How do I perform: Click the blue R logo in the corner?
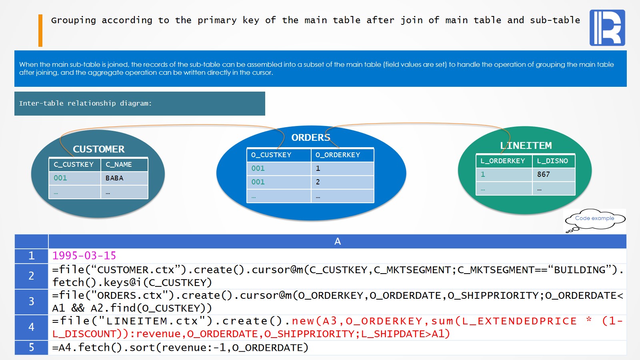(x=607, y=28)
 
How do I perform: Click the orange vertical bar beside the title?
(x=40, y=30)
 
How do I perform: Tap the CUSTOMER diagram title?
(x=98, y=149)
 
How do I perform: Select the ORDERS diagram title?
(x=311, y=138)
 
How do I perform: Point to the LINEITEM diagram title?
(x=526, y=146)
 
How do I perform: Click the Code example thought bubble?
(x=594, y=218)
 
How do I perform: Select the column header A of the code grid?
(x=337, y=241)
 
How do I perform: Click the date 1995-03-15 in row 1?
(x=84, y=256)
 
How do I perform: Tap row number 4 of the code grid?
(x=31, y=327)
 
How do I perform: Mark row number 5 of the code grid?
(x=31, y=347)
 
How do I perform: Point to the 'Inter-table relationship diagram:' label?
(x=85, y=103)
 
